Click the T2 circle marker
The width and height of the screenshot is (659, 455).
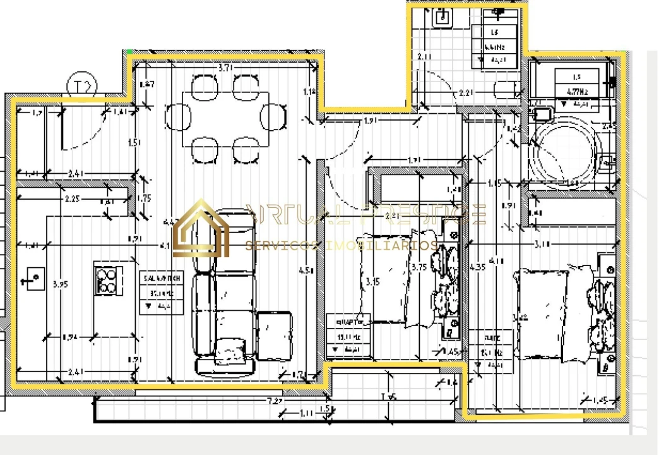point(81,86)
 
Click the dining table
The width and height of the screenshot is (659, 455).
point(225,119)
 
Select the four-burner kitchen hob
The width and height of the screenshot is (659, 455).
point(106,279)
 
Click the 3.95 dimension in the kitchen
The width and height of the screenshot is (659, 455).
point(60,284)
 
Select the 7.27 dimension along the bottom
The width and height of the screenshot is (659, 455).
point(274,401)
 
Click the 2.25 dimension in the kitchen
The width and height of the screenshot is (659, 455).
point(72,199)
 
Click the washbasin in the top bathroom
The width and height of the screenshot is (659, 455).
point(442,16)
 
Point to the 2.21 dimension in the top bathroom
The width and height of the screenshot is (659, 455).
point(465,93)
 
